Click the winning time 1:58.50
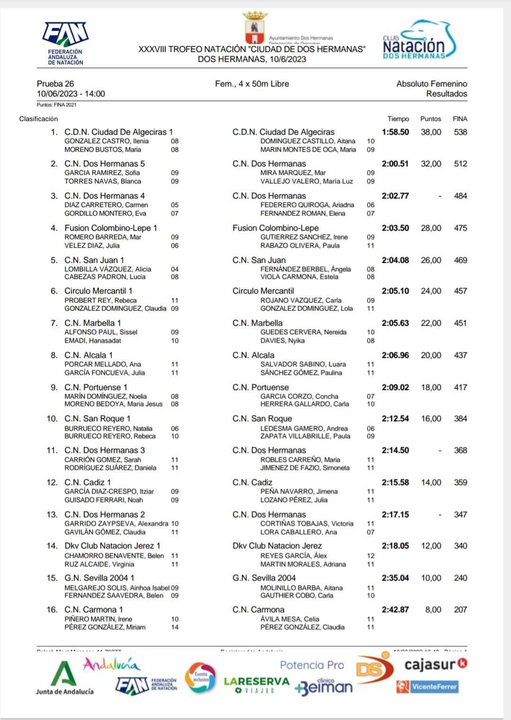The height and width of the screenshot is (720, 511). coord(395,132)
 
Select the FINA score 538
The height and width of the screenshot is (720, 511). coord(460,132)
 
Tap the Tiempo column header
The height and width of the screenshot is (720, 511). coord(398,119)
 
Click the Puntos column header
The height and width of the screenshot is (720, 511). coord(431,119)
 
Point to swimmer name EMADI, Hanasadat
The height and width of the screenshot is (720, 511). coord(93,340)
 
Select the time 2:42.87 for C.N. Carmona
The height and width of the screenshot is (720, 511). coord(395,610)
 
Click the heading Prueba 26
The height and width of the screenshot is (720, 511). coord(55,84)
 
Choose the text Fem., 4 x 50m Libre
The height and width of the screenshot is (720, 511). coord(252,84)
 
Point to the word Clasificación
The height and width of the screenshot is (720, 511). coord(38,119)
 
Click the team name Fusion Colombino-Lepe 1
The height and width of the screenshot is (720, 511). coord(111,228)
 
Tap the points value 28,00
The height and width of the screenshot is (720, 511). coord(431,228)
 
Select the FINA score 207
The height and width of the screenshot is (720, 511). coord(460,610)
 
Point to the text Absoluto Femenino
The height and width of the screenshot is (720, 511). coord(432,84)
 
